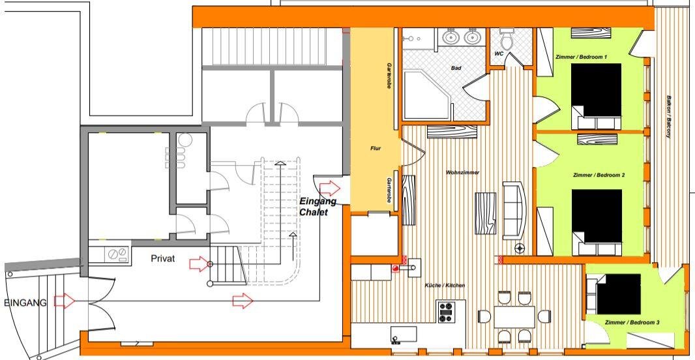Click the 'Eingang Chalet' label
tap(318, 207)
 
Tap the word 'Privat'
tap(163, 258)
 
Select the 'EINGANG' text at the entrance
tap(25, 303)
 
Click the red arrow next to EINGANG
tap(65, 301)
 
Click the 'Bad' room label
tap(456, 68)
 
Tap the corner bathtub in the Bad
tap(427, 95)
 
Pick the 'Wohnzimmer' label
tap(462, 172)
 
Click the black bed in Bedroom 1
tap(596, 91)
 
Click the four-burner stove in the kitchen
tap(445, 312)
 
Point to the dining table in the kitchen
tap(514, 316)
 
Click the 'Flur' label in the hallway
tap(376, 149)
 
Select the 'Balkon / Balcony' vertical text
tap(668, 117)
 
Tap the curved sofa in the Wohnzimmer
tap(514, 210)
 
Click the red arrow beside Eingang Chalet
tap(330, 188)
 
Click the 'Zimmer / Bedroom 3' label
tap(632, 322)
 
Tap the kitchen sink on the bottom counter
tap(404, 335)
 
